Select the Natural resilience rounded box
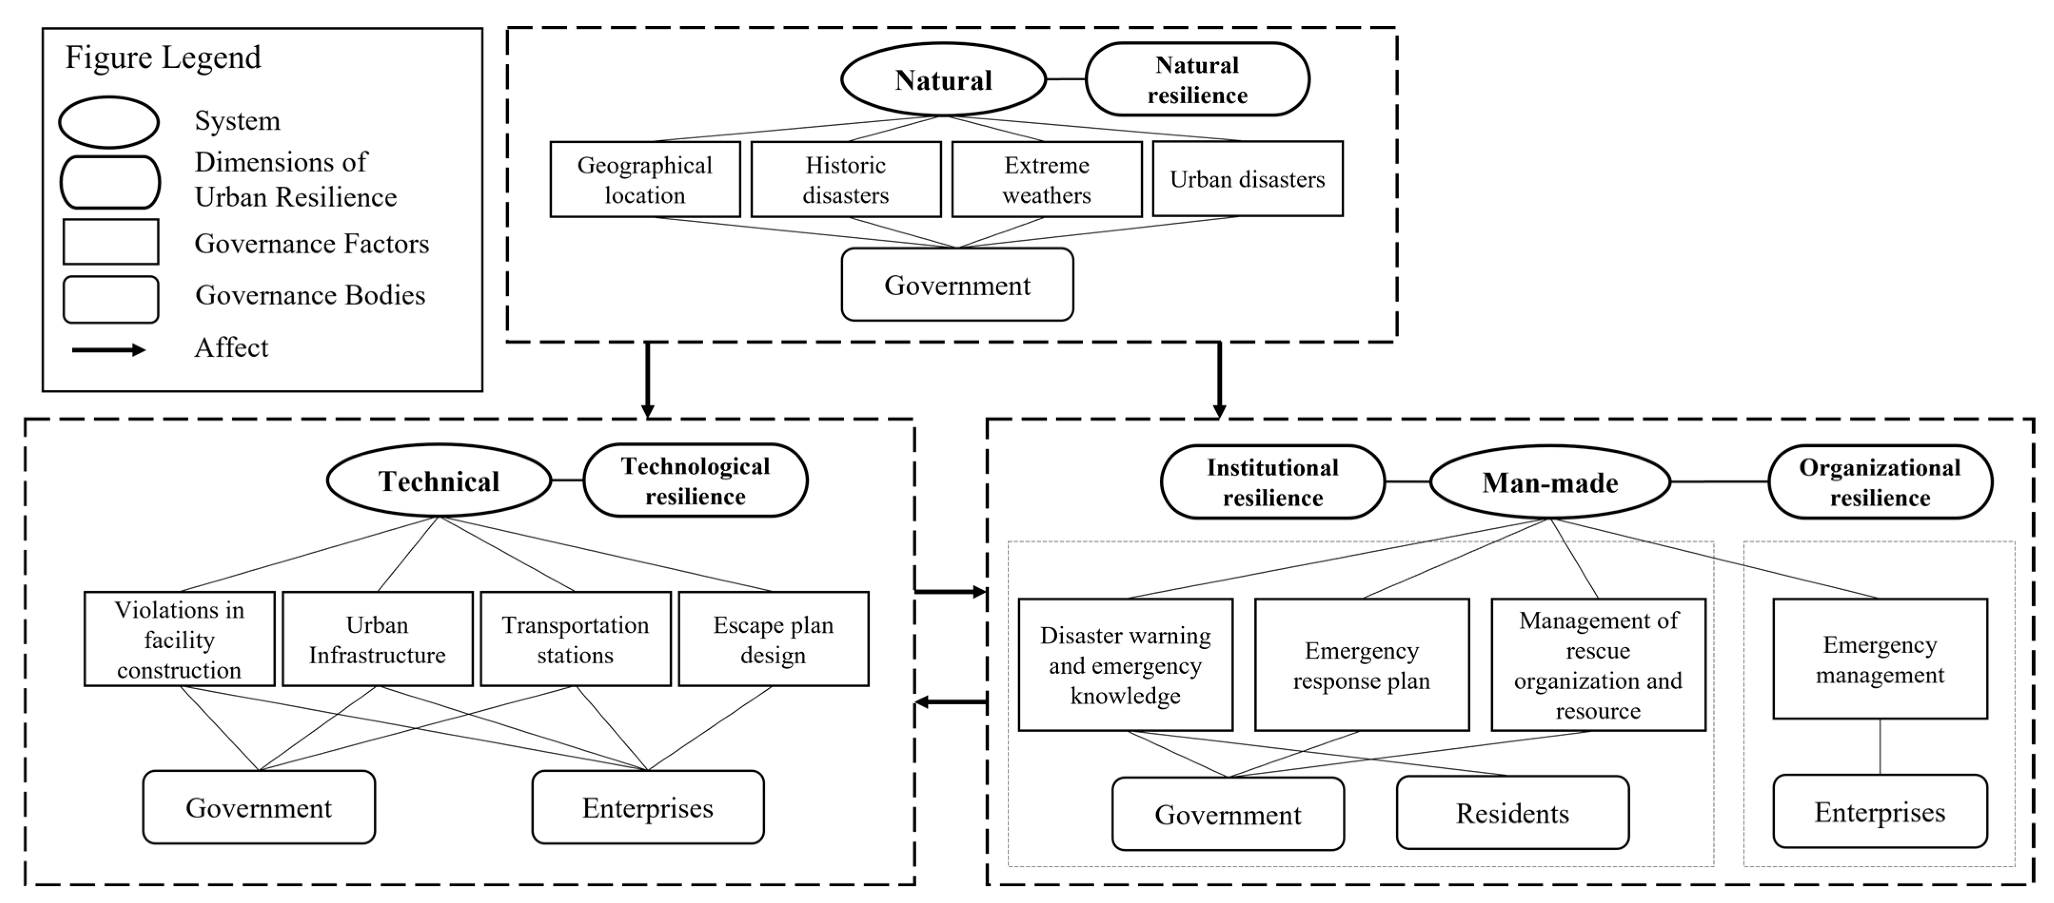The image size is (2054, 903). [1197, 80]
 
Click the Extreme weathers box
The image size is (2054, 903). [1046, 179]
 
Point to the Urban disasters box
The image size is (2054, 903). [1247, 179]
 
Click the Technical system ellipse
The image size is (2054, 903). [439, 481]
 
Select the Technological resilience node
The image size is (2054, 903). [695, 481]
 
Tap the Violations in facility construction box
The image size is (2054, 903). [179, 639]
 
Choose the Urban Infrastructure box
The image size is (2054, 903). [377, 639]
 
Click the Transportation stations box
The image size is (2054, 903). [575, 639]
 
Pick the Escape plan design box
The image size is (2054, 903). [773, 639]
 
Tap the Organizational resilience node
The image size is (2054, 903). [1879, 482]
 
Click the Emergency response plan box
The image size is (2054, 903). [1361, 665]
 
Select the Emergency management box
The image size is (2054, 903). [1879, 659]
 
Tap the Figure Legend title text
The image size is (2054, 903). [163, 58]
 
